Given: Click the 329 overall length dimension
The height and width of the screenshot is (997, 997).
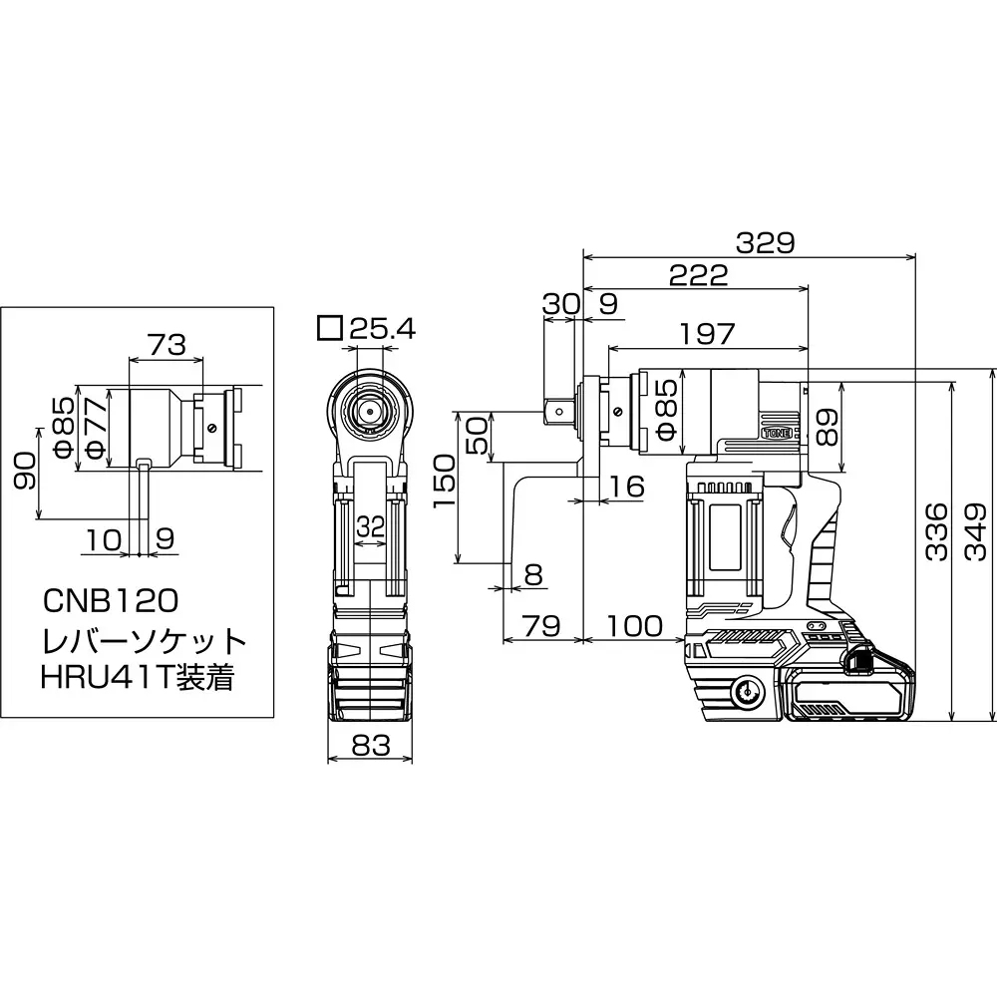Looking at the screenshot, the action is tap(766, 242).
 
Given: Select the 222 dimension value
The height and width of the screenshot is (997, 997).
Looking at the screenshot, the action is tap(698, 275).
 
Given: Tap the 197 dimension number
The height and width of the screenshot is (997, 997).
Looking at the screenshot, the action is tap(707, 334).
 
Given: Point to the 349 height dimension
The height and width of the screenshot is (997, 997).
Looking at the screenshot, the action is tap(976, 531).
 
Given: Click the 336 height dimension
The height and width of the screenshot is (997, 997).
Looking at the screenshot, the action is tap(936, 531).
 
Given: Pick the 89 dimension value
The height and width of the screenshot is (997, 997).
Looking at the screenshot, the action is tap(827, 428).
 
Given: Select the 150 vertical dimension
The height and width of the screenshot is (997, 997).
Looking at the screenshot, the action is tap(446, 482).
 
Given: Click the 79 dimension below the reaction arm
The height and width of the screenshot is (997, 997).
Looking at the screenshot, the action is tap(541, 626).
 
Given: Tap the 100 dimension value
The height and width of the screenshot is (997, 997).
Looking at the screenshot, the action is tap(634, 626).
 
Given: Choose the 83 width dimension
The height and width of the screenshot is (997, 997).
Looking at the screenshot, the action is tap(370, 745).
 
